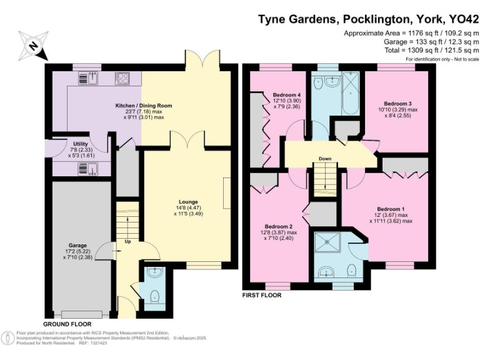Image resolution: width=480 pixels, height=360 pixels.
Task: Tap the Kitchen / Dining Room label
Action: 143,106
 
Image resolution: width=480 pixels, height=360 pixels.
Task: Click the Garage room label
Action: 78,246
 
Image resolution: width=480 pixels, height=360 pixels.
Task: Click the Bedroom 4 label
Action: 287,95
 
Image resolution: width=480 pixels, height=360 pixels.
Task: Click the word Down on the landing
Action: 325,159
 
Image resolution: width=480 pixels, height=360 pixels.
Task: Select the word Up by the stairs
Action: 128,241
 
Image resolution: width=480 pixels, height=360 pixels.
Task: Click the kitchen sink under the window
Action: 86,79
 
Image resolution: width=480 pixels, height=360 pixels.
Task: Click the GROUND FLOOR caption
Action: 67,324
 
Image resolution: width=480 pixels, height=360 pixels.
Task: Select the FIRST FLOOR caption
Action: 261,295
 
